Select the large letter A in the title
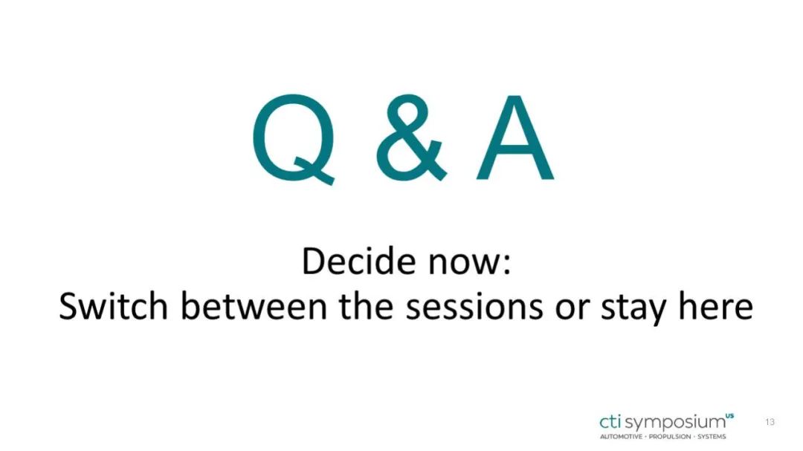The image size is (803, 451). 515,137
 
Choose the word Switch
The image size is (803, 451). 113,306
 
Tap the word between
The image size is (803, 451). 254,306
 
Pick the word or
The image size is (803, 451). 571,311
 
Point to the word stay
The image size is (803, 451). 633,310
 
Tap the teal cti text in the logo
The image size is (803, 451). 610,422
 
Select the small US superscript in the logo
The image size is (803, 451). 730,415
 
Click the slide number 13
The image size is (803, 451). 770,422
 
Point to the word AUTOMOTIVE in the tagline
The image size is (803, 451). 621,437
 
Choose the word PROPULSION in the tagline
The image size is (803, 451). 670,437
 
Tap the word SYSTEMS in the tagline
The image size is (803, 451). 712,437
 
